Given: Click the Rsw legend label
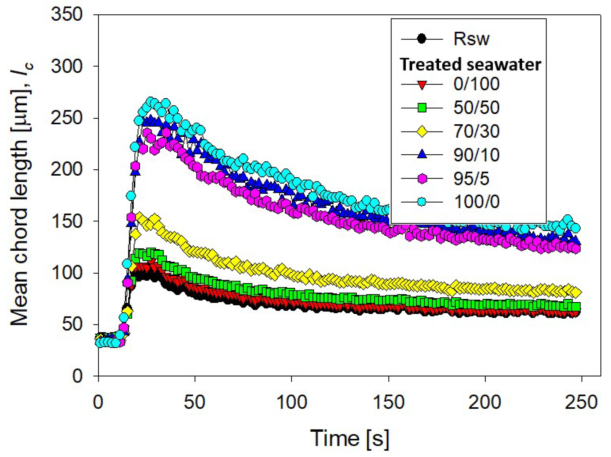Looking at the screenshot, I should pyautogui.click(x=471, y=39).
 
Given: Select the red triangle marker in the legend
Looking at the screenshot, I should pyautogui.click(x=422, y=85).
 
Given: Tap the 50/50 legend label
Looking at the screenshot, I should pyautogui.click(x=476, y=108).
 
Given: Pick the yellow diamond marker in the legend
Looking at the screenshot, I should pyautogui.click(x=422, y=131).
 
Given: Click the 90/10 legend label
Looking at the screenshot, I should pyautogui.click(x=476, y=155).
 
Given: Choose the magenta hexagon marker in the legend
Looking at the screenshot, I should pyautogui.click(x=422, y=179).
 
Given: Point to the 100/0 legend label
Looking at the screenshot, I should pyautogui.click(x=476, y=202).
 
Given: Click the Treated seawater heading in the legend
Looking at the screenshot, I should pyautogui.click(x=470, y=64).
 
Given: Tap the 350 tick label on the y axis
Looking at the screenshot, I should pyautogui.click(x=66, y=14).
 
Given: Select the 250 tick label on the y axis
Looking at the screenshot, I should pyautogui.click(x=66, y=118).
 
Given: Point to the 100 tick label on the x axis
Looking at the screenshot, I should pyautogui.click(x=292, y=402).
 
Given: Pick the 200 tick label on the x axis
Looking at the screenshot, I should pyautogui.click(x=485, y=402).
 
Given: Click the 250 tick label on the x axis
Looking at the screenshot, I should pyautogui.click(x=581, y=402).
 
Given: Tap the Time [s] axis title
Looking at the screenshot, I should pyautogui.click(x=350, y=438).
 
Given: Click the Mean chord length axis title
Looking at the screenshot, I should pyautogui.click(x=21, y=194).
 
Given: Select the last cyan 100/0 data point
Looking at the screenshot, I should pyautogui.click(x=576, y=228).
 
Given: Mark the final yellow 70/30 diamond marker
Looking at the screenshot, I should pyautogui.click(x=576, y=292).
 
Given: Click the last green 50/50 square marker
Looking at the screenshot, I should pyautogui.click(x=576, y=307).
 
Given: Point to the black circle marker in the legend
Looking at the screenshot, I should pyautogui.click(x=422, y=39).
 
